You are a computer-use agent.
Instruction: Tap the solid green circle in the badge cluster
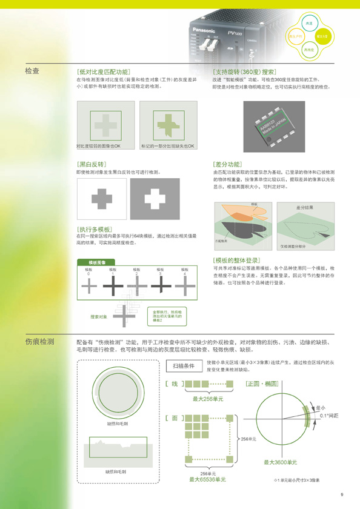[323, 37]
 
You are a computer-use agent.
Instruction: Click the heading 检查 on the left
[32, 71]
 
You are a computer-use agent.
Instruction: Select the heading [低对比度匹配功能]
[103, 71]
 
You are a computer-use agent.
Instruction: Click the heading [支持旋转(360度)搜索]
[248, 71]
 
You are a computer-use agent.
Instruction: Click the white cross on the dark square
[155, 198]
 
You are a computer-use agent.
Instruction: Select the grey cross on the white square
[101, 198]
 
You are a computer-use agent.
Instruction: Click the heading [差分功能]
[227, 164]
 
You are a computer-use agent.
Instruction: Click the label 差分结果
[305, 207]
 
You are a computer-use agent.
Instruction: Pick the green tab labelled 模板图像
[98, 262]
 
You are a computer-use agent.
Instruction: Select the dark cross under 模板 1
[113, 285]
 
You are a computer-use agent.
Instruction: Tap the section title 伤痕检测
[39, 342]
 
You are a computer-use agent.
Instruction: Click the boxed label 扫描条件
[184, 366]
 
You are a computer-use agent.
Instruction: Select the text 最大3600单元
[280, 462]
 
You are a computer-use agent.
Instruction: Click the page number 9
[342, 493]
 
